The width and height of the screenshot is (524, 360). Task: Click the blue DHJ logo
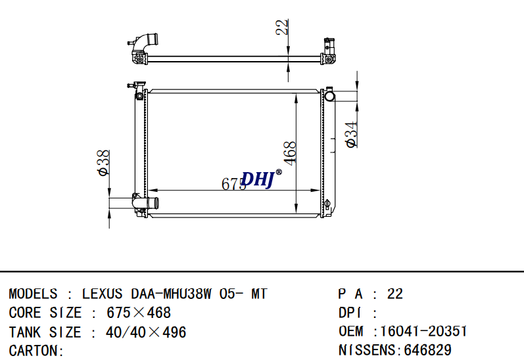pos(257,179)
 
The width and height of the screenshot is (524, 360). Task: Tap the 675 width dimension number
pos(233,184)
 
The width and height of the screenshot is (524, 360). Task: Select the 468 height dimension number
pos(290,153)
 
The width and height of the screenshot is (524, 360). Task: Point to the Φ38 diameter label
pos(103,163)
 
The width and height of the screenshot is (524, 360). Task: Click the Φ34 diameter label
pos(351,135)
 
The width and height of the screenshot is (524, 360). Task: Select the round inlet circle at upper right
pos(329,96)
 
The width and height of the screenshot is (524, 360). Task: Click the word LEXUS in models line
pos(103,294)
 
